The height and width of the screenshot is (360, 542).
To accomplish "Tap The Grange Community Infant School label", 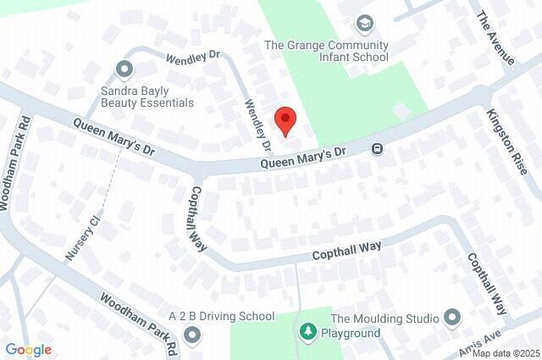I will [x=327, y=51].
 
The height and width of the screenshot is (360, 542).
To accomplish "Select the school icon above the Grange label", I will [x=365, y=23].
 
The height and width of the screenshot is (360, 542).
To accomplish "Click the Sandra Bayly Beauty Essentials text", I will [x=147, y=95].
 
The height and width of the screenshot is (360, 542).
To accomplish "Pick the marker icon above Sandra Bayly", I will [x=125, y=68].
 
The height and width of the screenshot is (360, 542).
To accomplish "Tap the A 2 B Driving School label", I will [x=222, y=316].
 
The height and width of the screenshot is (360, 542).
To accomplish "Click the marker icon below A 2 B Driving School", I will [x=191, y=336].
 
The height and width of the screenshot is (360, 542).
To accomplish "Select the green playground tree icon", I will [x=306, y=329].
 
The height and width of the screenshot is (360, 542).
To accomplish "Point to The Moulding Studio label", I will [x=384, y=318].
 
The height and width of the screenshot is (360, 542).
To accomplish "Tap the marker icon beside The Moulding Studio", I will [x=451, y=318].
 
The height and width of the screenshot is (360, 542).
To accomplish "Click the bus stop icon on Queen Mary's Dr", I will [x=377, y=149].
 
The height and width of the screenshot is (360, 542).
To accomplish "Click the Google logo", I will [x=28, y=350].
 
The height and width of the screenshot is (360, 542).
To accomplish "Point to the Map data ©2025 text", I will [x=506, y=353].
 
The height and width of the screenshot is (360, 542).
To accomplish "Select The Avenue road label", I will [x=495, y=37].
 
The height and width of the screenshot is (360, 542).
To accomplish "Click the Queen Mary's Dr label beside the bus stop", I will [x=303, y=157].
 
